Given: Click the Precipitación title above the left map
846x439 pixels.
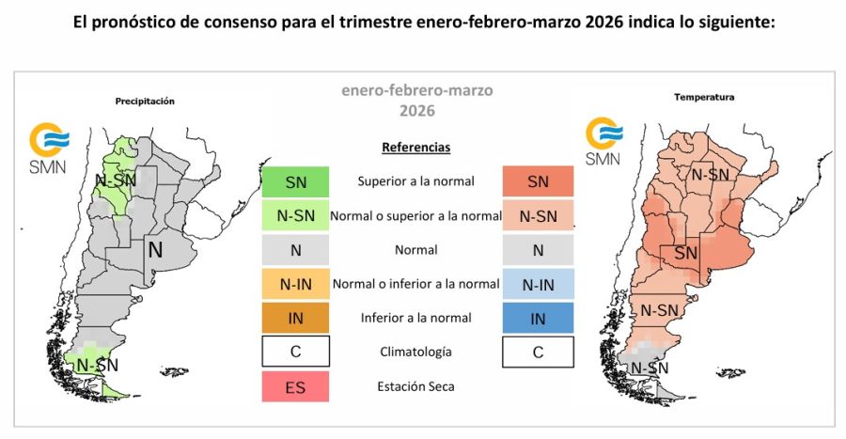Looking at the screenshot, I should click(145, 101).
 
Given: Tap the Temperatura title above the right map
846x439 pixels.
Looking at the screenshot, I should click(691, 97).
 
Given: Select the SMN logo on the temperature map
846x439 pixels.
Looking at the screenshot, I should click(603, 142).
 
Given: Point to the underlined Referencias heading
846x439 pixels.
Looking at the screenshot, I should click(416, 148).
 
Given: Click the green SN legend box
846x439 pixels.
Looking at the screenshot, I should click(295, 181).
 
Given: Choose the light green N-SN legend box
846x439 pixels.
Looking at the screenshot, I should click(295, 215).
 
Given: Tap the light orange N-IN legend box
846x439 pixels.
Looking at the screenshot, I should click(295, 284).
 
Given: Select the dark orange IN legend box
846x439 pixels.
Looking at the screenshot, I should click(295, 318).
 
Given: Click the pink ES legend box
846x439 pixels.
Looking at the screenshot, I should click(295, 385).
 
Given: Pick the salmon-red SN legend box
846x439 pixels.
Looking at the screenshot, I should click(538, 181).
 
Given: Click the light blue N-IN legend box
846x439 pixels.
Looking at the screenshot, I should click(538, 284).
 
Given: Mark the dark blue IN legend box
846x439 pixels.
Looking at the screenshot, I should click(538, 318).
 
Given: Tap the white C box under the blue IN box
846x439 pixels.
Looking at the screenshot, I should click(538, 352).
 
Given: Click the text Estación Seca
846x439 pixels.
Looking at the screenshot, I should click(416, 385).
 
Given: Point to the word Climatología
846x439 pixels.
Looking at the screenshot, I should click(416, 352).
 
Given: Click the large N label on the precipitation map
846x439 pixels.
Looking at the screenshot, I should click(155, 250).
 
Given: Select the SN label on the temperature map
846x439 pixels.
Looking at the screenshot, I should click(685, 253).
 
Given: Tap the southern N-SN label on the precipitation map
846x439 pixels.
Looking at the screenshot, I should click(97, 365).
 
